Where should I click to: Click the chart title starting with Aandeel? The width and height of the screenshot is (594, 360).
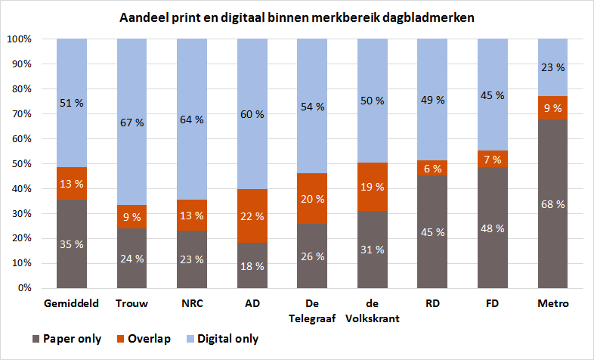(x=297, y=17)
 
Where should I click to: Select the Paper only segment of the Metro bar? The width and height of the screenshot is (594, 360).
(x=552, y=227)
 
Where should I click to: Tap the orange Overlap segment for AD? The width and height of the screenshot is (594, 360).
(x=252, y=216)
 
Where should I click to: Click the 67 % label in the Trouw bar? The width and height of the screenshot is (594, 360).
(x=131, y=123)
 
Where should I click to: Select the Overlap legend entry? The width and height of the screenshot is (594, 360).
(x=144, y=339)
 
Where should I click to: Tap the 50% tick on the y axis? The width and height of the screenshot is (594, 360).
(x=20, y=163)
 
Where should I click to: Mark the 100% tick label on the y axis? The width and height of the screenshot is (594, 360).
(x=18, y=39)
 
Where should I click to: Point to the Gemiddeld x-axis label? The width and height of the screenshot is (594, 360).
(x=71, y=303)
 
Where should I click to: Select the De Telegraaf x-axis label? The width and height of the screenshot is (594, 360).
(x=312, y=310)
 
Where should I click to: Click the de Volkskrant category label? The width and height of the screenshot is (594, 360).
(x=372, y=310)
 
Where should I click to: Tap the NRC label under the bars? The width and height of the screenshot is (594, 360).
(x=191, y=303)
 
